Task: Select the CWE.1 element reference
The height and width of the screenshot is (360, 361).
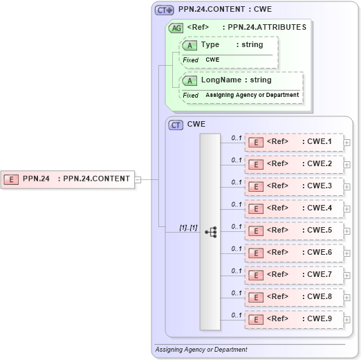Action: pyautogui.click(x=294, y=143)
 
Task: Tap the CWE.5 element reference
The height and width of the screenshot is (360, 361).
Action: pyautogui.click(x=294, y=231)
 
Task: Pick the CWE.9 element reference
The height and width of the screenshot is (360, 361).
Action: pyautogui.click(x=294, y=319)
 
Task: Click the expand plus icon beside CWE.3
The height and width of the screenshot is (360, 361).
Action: pyautogui.click(x=346, y=188)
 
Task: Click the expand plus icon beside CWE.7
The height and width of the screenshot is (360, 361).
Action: pyautogui.click(x=346, y=276)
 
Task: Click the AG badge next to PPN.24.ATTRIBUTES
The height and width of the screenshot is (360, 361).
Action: pyautogui.click(x=176, y=28)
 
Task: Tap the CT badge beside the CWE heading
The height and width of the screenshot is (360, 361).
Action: pyautogui.click(x=176, y=125)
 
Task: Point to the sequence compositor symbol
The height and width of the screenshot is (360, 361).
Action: pyautogui.click(x=210, y=232)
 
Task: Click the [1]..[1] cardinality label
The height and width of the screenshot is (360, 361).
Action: pyautogui.click(x=188, y=227)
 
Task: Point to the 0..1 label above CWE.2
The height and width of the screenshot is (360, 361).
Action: pyautogui.click(x=237, y=160)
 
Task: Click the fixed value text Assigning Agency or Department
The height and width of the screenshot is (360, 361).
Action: pyautogui.click(x=252, y=95)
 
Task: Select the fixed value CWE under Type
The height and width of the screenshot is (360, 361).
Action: pyautogui.click(x=212, y=60)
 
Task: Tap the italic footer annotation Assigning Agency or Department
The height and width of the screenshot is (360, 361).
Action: pyautogui.click(x=201, y=350)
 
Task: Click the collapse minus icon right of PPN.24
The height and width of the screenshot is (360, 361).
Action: pyautogui.click(x=138, y=179)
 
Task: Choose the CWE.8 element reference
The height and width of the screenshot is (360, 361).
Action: pyautogui.click(x=294, y=297)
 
